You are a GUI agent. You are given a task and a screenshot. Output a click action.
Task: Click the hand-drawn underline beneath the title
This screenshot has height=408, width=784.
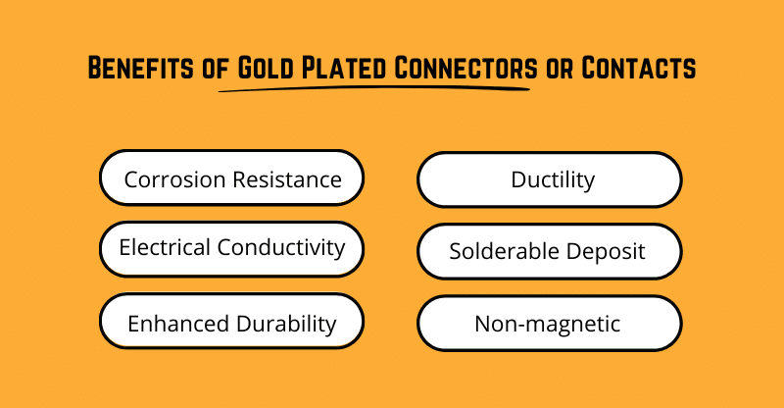point(372,89)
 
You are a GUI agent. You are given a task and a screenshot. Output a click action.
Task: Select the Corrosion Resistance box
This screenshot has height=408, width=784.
point(232,178)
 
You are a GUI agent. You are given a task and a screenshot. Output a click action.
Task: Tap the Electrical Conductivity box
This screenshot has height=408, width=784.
point(232,247)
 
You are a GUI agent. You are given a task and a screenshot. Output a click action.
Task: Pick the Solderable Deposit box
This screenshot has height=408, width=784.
point(550,252)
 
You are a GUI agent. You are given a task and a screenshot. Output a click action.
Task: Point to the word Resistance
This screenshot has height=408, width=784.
point(286,179)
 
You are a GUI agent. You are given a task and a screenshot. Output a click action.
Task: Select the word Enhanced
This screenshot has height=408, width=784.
point(173,324)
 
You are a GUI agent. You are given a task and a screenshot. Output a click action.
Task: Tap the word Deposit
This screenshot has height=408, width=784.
point(609,252)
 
